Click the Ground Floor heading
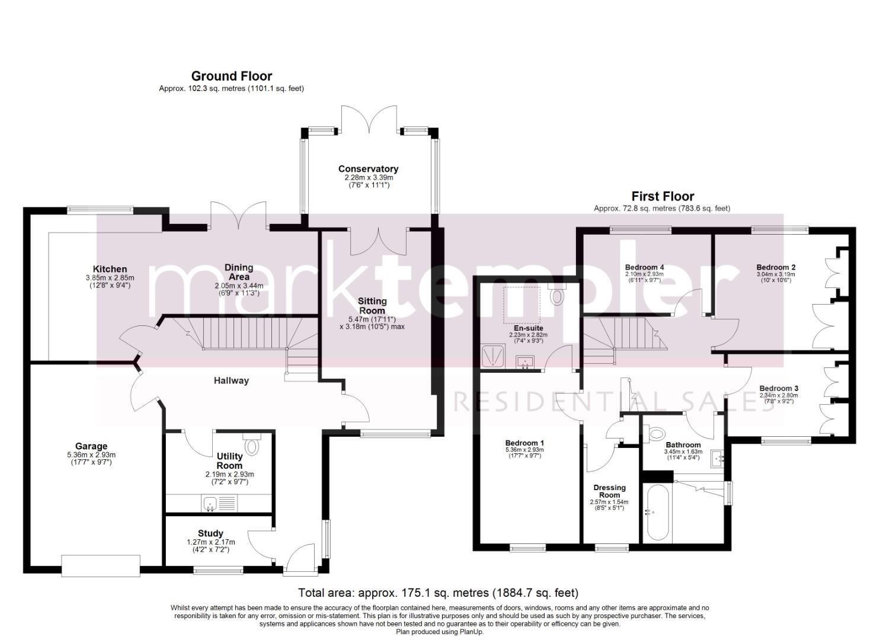pos(231,76)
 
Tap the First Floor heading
pos(663,196)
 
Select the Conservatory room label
pos(368,169)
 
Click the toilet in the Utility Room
pos(250,443)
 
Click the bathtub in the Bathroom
pos(657,513)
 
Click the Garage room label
pos(91,446)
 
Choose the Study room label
pos(210,533)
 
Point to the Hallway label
pos(231,380)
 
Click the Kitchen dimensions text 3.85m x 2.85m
pos(110,278)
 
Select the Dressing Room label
pos(610,491)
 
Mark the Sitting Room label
pos(372,306)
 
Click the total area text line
pos(438,593)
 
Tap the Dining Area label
pos(239,272)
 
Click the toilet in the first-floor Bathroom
pos(654,434)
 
